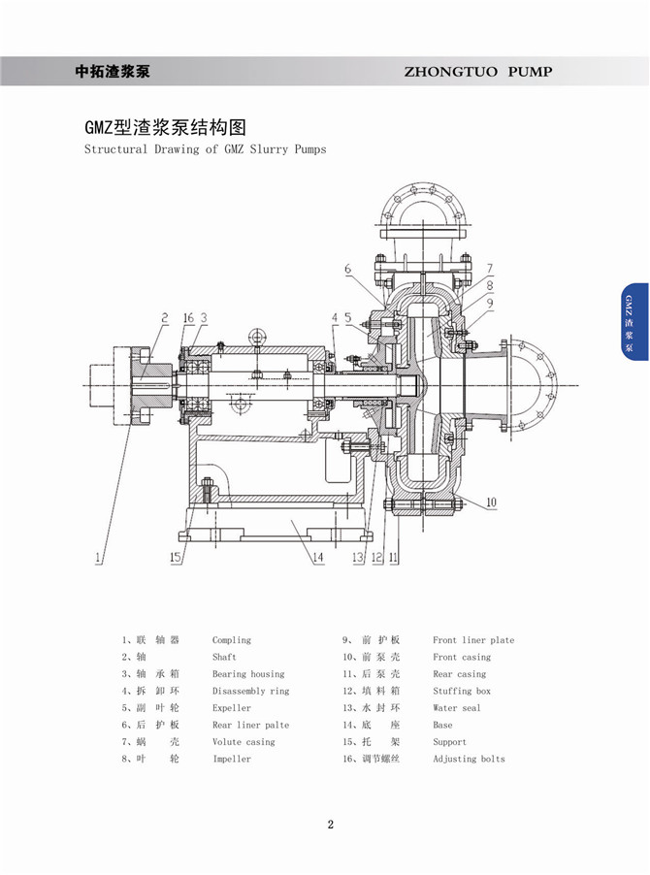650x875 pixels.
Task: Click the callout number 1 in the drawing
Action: click(98, 558)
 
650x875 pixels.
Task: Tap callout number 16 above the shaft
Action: click(188, 318)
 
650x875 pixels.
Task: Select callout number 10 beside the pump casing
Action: click(491, 502)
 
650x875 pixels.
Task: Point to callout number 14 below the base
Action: click(317, 558)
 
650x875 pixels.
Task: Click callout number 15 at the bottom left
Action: click(176, 557)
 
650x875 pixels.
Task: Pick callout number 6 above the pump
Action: click(347, 269)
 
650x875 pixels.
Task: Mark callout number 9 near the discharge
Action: click(491, 303)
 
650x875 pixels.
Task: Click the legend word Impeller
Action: click(232, 759)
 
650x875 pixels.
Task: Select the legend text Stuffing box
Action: click(462, 691)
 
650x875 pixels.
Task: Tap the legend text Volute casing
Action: click(244, 742)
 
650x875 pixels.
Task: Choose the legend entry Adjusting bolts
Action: click(469, 759)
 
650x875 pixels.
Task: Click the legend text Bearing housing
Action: click(248, 674)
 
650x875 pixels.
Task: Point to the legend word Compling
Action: click(232, 640)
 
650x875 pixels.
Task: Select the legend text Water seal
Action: click(456, 708)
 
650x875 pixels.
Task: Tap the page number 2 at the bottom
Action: click(330, 825)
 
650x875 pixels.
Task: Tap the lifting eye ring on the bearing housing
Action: click(257, 337)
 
